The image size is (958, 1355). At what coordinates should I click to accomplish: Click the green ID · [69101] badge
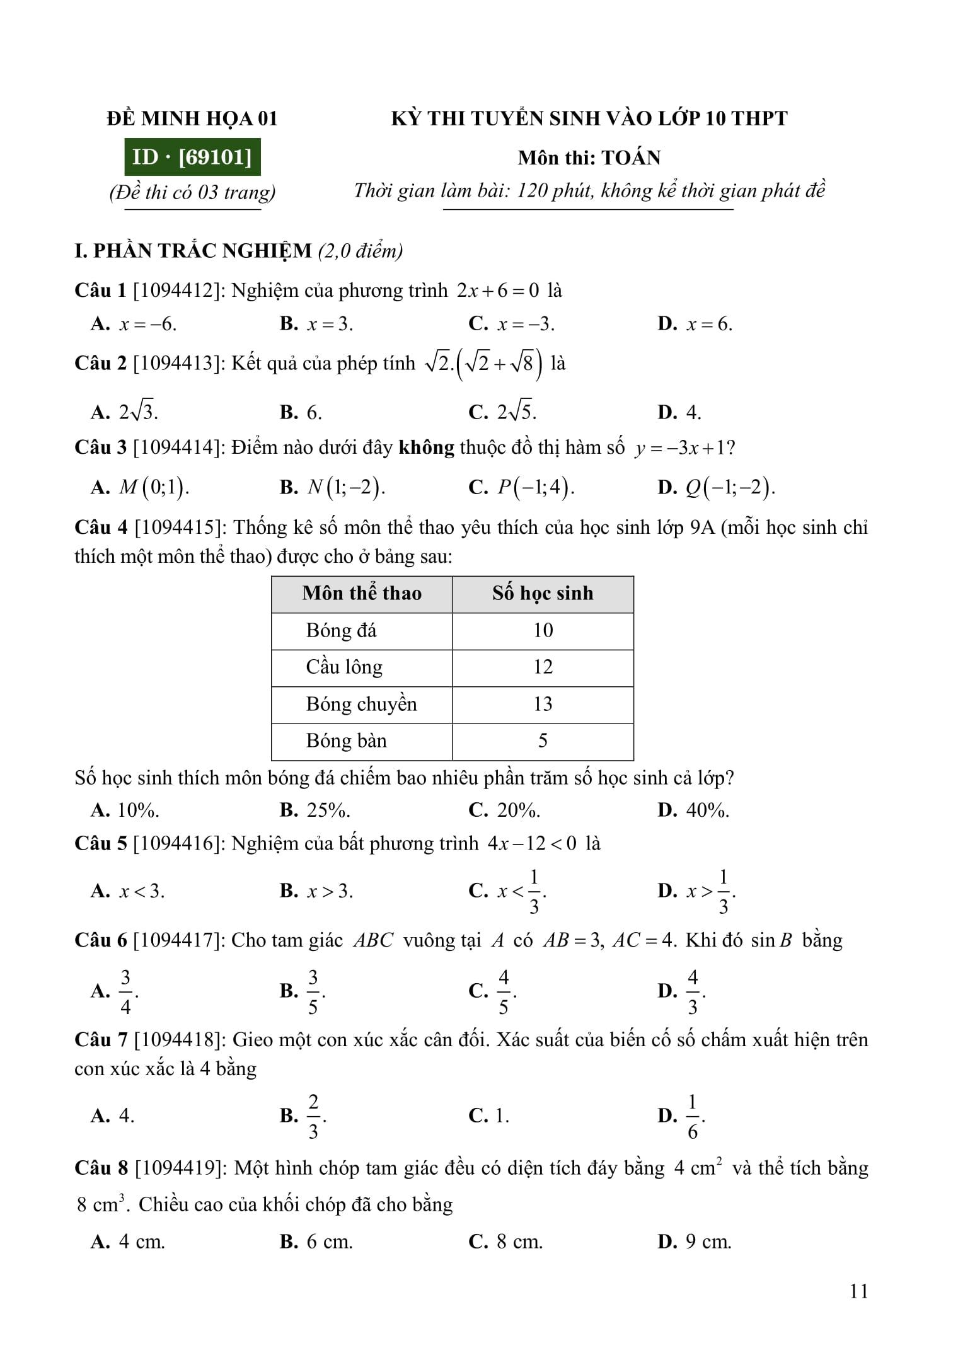click(x=192, y=156)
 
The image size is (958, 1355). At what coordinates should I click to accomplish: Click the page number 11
click(x=858, y=1291)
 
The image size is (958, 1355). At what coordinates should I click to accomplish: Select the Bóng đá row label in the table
click(x=341, y=630)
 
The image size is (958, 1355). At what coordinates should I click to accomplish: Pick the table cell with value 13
click(x=543, y=704)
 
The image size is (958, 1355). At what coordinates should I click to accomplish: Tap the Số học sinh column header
click(x=543, y=593)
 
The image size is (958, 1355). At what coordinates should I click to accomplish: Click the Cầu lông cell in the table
click(x=344, y=667)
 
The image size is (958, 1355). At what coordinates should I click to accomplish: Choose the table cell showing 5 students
click(x=543, y=741)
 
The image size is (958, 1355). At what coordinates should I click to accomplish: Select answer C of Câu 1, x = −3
click(x=525, y=324)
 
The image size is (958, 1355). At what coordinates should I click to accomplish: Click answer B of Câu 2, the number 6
click(x=314, y=413)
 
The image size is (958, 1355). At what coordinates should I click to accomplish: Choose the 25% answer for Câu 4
click(x=328, y=810)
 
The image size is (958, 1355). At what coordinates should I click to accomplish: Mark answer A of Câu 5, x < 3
click(x=141, y=891)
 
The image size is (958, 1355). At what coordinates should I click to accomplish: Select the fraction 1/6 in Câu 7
click(x=693, y=1117)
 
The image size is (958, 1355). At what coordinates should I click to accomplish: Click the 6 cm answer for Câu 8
click(x=329, y=1242)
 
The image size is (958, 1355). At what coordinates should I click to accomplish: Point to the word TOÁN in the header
click(x=631, y=158)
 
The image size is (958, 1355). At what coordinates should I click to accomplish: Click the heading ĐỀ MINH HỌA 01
click(x=192, y=118)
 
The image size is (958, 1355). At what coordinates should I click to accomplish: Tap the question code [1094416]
click(x=178, y=843)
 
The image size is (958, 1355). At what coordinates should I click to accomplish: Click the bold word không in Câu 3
click(x=427, y=447)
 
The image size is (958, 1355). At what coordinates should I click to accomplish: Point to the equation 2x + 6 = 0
click(x=498, y=291)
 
